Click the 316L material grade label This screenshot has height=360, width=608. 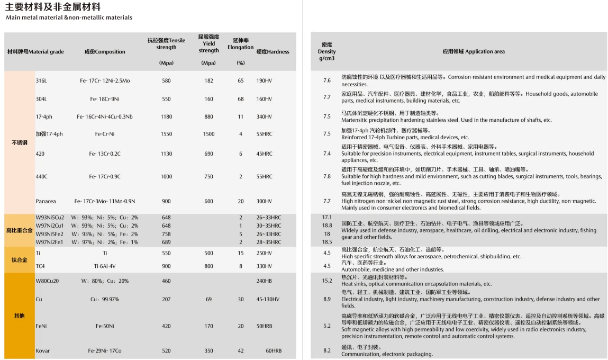tap(41, 80)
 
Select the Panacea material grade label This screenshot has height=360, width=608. tap(46, 201)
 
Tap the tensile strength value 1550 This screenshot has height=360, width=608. tap(166, 134)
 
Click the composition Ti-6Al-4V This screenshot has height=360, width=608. tap(105, 266)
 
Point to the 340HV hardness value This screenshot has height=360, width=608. tap(264, 116)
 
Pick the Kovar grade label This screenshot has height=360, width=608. tap(42, 350)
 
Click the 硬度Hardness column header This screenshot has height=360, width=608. tap(273, 52)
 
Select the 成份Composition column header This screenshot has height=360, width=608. tap(105, 52)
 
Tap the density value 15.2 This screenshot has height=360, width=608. tap(327, 281)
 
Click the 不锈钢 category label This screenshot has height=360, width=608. tap(20, 143)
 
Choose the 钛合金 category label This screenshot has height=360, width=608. tap(20, 260)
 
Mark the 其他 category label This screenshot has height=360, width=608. tap(20, 316)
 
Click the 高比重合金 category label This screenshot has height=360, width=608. tap(20, 230)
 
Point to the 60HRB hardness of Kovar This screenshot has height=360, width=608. tap(274, 350)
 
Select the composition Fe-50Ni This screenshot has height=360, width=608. tap(105, 326)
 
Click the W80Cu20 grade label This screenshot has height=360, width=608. tap(47, 281)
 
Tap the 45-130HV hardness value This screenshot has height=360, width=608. tap(268, 299)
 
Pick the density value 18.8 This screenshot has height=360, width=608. tap(327, 226)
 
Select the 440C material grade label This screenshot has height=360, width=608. tap(41, 176)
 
